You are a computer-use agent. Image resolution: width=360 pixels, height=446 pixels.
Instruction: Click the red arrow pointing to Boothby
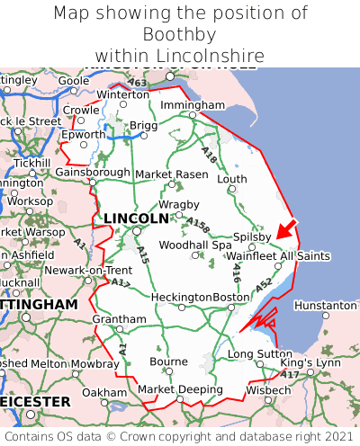[x=285, y=230]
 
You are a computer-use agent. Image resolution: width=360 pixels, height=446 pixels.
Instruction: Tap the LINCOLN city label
[x=136, y=219]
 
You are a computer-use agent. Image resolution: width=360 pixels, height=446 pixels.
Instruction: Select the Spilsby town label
[x=252, y=236]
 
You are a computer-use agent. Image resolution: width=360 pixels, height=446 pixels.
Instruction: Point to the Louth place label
[x=231, y=179]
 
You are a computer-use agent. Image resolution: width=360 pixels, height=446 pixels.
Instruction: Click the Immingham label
[x=192, y=105]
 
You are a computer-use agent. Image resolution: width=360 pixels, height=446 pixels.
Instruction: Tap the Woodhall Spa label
[x=195, y=245]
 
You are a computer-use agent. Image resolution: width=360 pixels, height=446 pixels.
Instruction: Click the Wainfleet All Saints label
[x=278, y=256]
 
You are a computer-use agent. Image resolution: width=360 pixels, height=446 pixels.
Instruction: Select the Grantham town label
[x=119, y=319]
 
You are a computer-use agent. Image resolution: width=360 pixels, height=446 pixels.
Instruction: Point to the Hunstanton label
[x=325, y=306]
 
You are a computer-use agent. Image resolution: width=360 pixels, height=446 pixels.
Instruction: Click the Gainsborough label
[x=93, y=172]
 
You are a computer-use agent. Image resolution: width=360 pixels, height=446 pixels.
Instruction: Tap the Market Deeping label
[x=180, y=389]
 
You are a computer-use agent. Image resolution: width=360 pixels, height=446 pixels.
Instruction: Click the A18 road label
[x=210, y=156]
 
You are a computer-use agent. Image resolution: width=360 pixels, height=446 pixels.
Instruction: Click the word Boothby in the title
[x=180, y=35]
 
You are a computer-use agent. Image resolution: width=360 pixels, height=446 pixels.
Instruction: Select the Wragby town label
[x=172, y=204]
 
